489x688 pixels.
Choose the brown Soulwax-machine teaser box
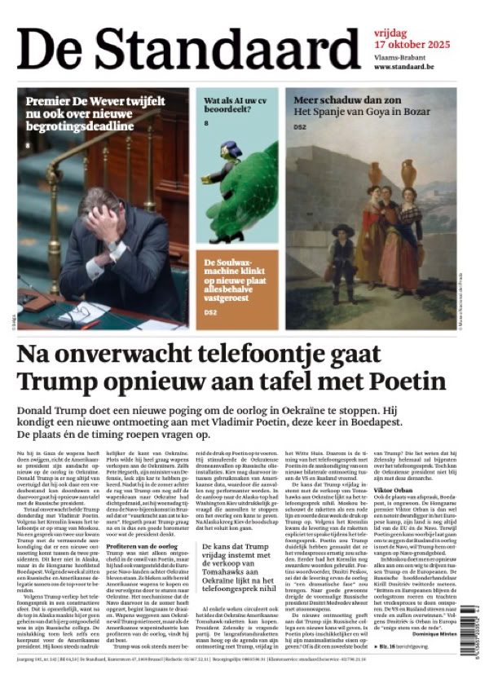(x=236, y=289)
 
